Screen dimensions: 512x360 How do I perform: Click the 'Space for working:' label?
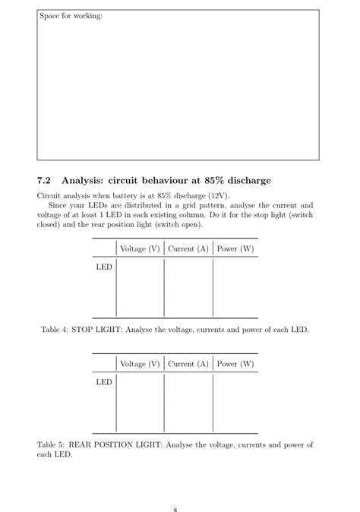pyautogui.click(x=70, y=16)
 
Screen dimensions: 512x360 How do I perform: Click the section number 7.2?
pyautogui.click(x=43, y=181)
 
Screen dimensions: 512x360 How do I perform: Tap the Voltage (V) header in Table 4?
pyautogui.click(x=140, y=248)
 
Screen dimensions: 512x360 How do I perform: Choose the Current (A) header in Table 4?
pyautogui.click(x=188, y=248)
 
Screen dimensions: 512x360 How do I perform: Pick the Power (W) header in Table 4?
pyautogui.click(x=235, y=248)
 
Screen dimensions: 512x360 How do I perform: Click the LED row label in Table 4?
pyautogui.click(x=104, y=267)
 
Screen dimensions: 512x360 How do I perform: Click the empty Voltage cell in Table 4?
pyautogui.click(x=140, y=289)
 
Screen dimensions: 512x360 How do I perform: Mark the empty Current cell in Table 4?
pyautogui.click(x=188, y=289)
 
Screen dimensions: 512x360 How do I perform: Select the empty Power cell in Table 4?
pyautogui.click(x=235, y=289)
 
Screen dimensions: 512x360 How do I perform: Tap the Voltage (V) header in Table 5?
pyautogui.click(x=140, y=364)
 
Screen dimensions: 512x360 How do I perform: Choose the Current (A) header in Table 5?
pyautogui.click(x=188, y=364)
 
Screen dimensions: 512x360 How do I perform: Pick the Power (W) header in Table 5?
pyautogui.click(x=235, y=364)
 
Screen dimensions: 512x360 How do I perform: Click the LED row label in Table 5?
pyautogui.click(x=104, y=383)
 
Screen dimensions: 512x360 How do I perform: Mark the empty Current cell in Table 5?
pyautogui.click(x=188, y=404)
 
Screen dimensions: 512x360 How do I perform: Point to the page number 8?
pyautogui.click(x=175, y=508)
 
